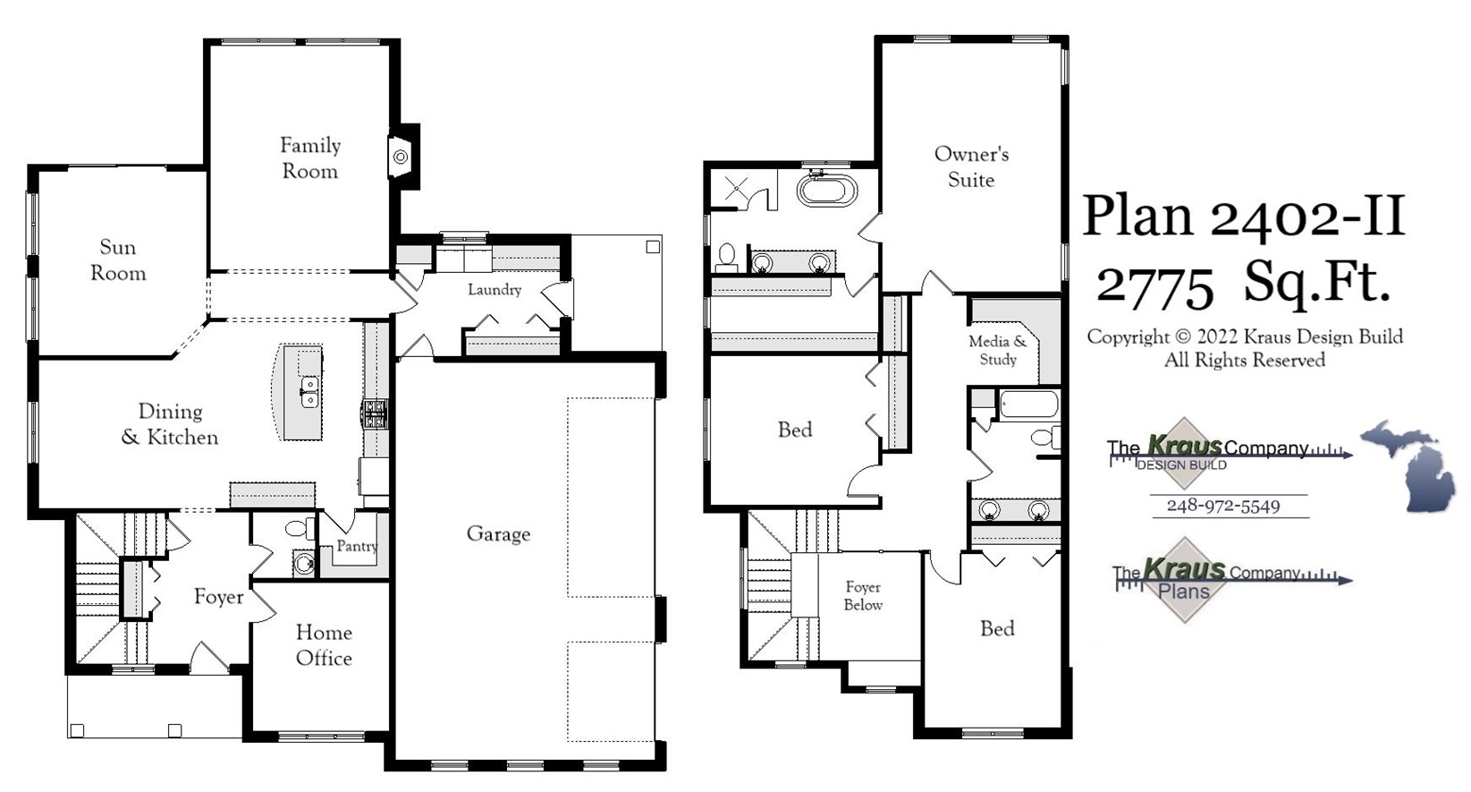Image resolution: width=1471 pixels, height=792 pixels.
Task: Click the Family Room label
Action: [x=310, y=158]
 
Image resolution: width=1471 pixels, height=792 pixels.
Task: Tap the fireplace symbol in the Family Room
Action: [x=401, y=158]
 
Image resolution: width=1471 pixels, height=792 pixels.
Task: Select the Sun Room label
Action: [x=118, y=260]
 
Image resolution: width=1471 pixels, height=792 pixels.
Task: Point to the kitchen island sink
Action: [x=309, y=391]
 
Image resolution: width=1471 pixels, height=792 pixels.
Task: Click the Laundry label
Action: [x=495, y=290]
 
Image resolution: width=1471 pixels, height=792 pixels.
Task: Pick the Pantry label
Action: [x=357, y=546]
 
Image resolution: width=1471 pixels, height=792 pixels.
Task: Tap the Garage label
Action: [x=498, y=534]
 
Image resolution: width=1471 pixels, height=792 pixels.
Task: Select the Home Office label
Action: [x=324, y=645]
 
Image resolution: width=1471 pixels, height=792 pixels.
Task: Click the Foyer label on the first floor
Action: [x=219, y=597]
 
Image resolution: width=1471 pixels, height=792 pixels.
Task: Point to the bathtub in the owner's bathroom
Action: [x=827, y=191]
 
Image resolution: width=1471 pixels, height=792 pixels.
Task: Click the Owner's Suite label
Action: [x=971, y=166]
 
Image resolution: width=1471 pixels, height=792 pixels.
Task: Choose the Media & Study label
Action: [x=998, y=351]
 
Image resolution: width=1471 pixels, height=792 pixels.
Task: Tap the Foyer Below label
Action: [x=863, y=596]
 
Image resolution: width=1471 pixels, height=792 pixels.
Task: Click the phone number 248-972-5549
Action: [x=1222, y=507]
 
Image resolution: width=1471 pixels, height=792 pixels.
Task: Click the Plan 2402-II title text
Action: [x=1243, y=217]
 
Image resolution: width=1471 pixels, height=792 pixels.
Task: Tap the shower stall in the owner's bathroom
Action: [x=737, y=190]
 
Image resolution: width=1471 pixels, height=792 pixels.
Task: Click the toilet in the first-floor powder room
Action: [x=298, y=529]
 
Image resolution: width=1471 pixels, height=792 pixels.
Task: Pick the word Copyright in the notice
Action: [x=1127, y=337]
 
